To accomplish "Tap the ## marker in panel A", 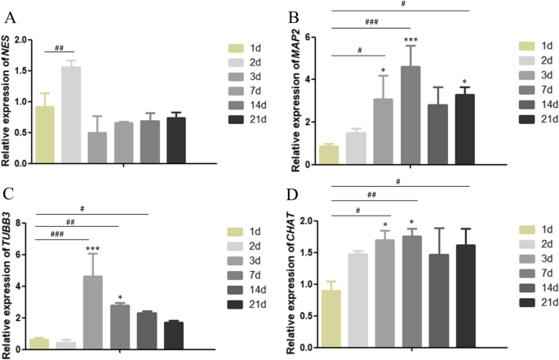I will pos(59,49).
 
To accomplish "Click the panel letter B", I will pos(291,13).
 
